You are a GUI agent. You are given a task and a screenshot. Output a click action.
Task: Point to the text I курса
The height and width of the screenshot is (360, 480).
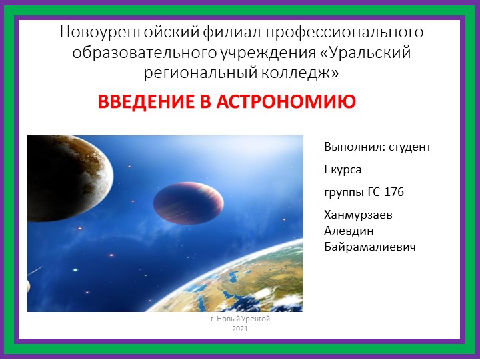(x=343, y=170)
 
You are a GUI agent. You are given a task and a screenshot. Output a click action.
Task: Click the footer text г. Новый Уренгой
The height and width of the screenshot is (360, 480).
(x=240, y=320)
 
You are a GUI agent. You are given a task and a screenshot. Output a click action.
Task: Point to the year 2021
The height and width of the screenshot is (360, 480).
(x=240, y=329)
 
